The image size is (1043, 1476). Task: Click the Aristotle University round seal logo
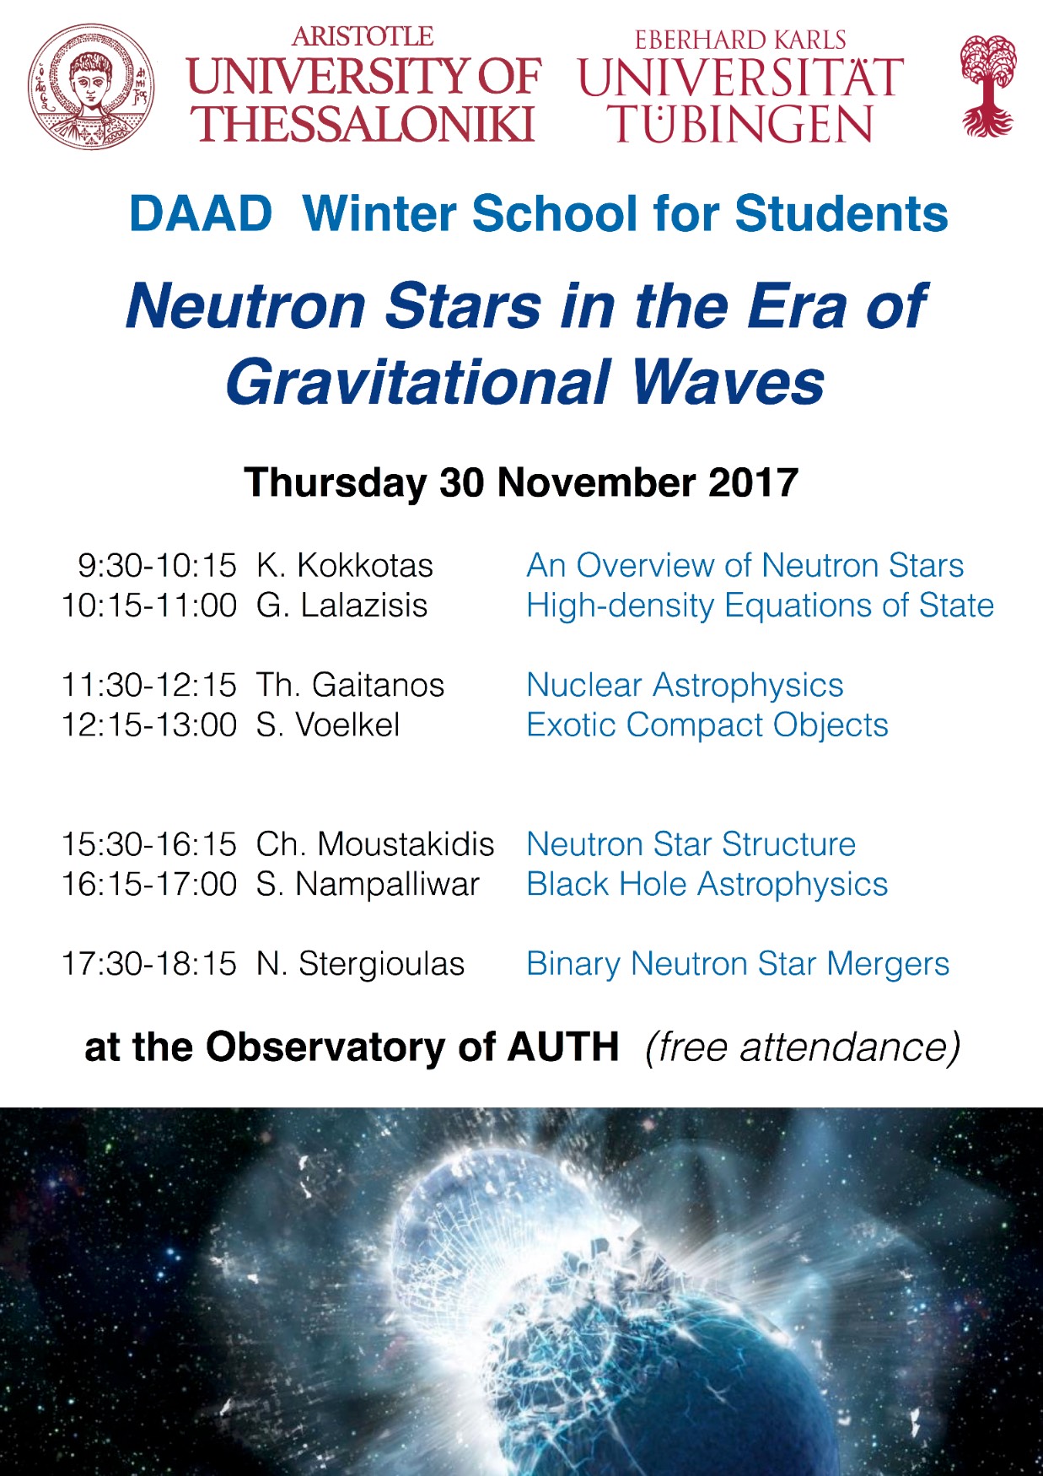pyautogui.click(x=91, y=87)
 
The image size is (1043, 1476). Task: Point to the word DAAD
pyautogui.click(x=201, y=213)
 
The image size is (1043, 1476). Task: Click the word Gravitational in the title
pyautogui.click(x=418, y=382)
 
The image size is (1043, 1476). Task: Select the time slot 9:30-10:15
pyautogui.click(x=158, y=565)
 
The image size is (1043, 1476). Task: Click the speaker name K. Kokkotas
pyautogui.click(x=345, y=565)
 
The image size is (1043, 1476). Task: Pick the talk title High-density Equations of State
pyautogui.click(x=761, y=606)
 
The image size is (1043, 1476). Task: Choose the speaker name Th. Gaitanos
pyautogui.click(x=350, y=685)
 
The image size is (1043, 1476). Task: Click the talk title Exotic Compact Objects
pyautogui.click(x=707, y=725)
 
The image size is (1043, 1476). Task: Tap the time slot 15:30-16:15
pyautogui.click(x=149, y=844)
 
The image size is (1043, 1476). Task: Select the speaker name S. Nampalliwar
pyautogui.click(x=368, y=885)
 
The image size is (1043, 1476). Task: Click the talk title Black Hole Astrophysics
pyautogui.click(x=707, y=885)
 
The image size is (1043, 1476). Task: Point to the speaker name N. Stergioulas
pyautogui.click(x=361, y=964)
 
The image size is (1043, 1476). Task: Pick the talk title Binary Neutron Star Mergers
pyautogui.click(x=738, y=964)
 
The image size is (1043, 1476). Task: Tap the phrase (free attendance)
pyautogui.click(x=803, y=1048)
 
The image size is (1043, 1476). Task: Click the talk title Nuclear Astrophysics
pyautogui.click(x=685, y=686)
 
